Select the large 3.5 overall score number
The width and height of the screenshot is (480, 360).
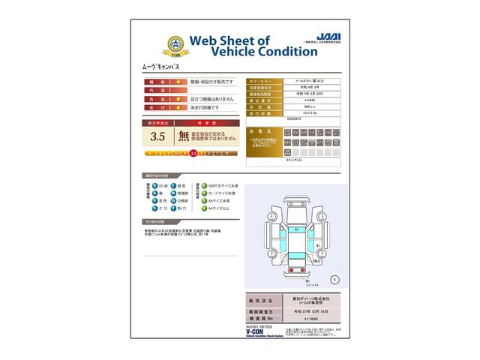[158, 136]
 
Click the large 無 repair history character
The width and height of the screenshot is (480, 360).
[184, 136]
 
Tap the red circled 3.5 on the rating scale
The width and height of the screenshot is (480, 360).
[193, 152]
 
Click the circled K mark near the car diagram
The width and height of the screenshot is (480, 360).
[334, 278]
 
